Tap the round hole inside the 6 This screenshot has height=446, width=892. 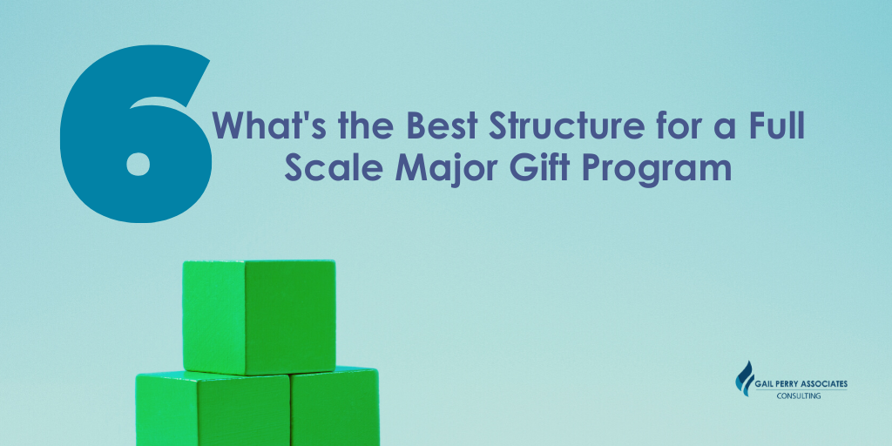[x=139, y=163]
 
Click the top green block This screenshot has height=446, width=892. [x=259, y=316]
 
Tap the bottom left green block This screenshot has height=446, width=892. [x=213, y=409]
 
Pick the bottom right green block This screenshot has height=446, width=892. [x=334, y=406]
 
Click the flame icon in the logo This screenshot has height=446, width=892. [x=744, y=379]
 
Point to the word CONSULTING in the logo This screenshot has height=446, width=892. [x=799, y=396]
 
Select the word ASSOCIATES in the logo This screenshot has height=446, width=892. [x=822, y=384]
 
